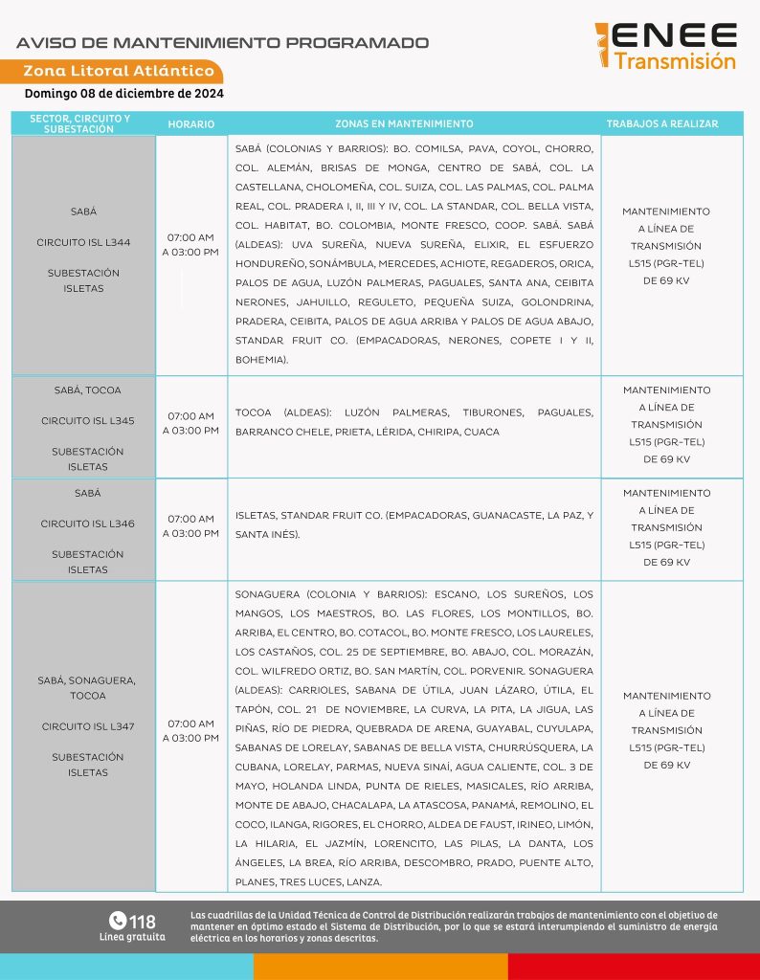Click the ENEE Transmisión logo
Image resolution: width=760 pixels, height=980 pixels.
[665, 46]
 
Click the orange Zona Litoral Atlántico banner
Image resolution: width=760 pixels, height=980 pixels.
[119, 72]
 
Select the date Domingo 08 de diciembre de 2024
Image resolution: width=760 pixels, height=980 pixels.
[123, 94]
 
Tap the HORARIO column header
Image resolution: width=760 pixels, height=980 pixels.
[191, 124]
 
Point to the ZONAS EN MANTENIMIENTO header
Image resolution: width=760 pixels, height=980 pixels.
[404, 124]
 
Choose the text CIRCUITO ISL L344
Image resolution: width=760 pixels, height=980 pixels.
[84, 242]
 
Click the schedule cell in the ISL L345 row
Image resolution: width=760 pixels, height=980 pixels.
[190, 423]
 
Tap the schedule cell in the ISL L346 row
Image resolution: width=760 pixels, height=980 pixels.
[190, 526]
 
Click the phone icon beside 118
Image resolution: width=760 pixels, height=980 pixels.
[118, 921]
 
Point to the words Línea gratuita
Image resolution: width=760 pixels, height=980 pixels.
[132, 937]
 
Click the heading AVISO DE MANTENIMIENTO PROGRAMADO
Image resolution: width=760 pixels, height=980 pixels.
[223, 43]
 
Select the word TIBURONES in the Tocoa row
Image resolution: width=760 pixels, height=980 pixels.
[493, 412]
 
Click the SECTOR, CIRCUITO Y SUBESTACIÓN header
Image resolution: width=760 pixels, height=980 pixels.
[80, 123]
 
